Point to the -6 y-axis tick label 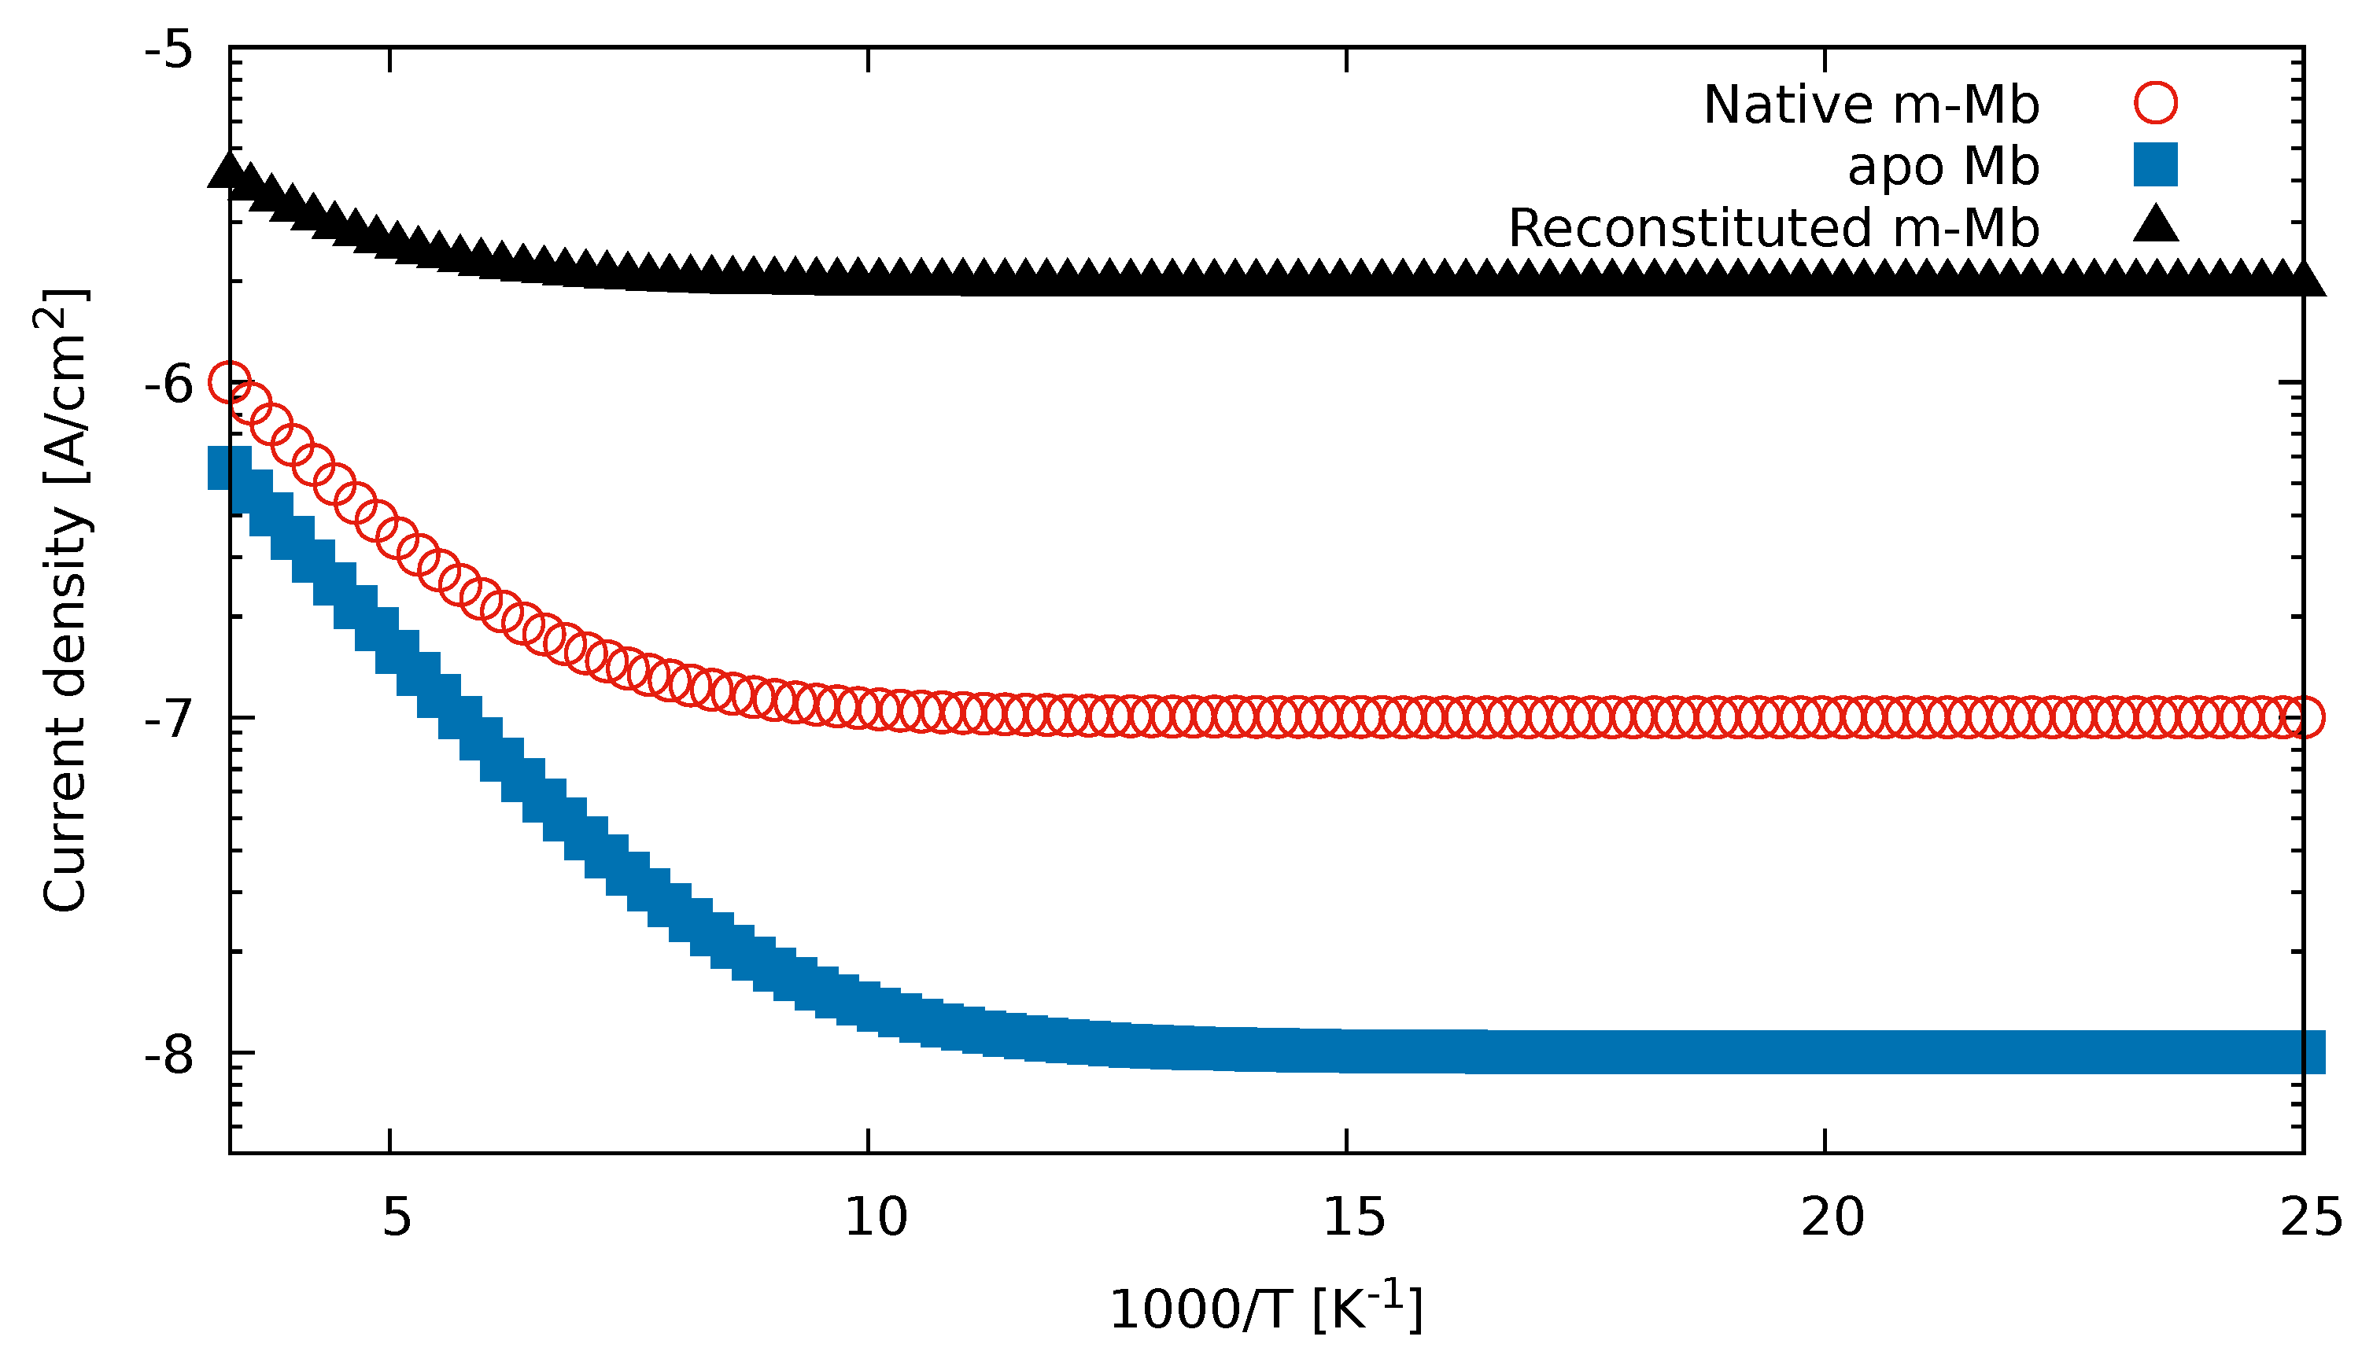pos(169,385)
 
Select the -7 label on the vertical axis pos(169,720)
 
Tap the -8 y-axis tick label pos(169,1055)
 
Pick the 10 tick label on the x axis pos(876,1219)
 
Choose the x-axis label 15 pos(1353,1219)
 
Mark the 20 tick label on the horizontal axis pos(1832,1219)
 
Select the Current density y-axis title pos(64,601)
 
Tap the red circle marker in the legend pos(2155,102)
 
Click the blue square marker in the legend pos(2155,164)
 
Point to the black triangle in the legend pos(2155,225)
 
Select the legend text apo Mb pos(1943,167)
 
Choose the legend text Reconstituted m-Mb pos(1773,228)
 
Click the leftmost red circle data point pos(230,382)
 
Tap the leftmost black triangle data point pos(230,171)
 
